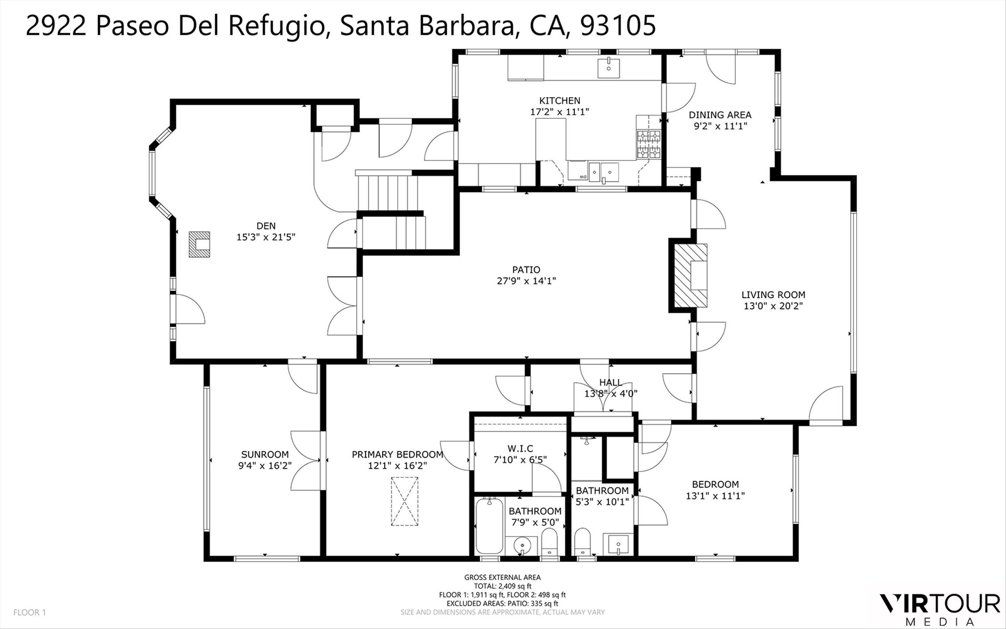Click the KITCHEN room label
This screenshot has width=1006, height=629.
point(560,101)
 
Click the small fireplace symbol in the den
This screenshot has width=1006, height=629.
point(199,244)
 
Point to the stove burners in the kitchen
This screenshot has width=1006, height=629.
point(649,144)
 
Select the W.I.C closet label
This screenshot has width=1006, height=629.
point(520,449)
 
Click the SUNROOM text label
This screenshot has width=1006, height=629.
point(265,455)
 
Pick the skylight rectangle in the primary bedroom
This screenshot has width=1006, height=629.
point(404,501)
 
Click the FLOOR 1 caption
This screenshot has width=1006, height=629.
point(30,612)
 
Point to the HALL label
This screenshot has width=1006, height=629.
point(611,382)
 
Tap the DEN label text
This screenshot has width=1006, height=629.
point(266,226)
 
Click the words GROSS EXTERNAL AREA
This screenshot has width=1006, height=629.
point(502,577)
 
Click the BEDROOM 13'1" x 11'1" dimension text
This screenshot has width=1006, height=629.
point(715,496)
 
